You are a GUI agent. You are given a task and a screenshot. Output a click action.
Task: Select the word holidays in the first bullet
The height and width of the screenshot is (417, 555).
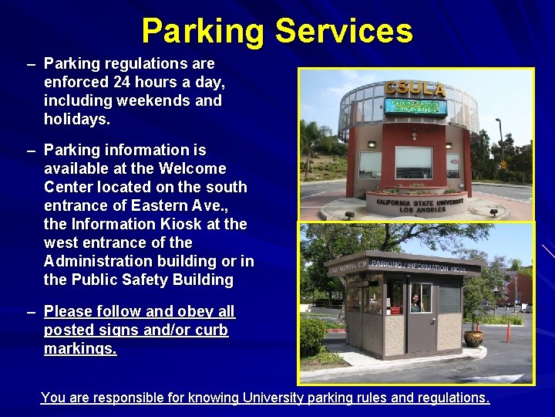pyautogui.click(x=77, y=119)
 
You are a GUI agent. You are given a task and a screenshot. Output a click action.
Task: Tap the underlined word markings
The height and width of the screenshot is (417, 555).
pyautogui.click(x=80, y=348)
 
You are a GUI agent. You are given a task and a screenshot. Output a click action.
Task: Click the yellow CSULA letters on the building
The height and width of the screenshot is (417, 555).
pyautogui.click(x=415, y=90)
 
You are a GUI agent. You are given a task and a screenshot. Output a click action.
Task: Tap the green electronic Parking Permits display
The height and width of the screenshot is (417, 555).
pyautogui.click(x=415, y=106)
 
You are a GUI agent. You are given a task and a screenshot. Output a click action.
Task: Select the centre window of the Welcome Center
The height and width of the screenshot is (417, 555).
pyautogui.click(x=413, y=162)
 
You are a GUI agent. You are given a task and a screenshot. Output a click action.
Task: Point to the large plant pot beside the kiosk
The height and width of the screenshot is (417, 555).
pyautogui.click(x=474, y=337)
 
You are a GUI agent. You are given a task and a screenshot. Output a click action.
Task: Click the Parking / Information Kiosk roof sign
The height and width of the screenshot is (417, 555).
pyautogui.click(x=416, y=266)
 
